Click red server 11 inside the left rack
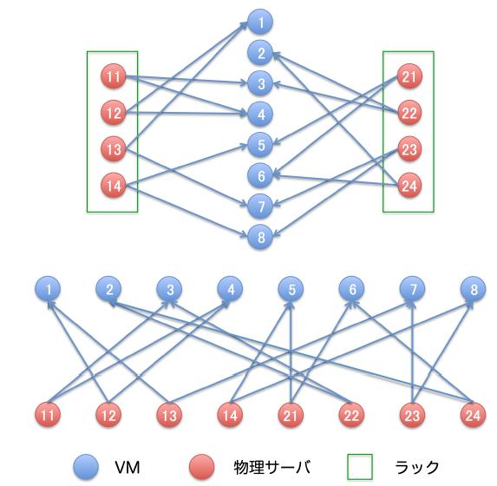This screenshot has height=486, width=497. pos(114,76)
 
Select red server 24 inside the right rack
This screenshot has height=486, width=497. pos(409,185)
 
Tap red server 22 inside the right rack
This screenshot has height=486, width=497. pos(409,113)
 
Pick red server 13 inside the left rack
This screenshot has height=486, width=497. pos(114,148)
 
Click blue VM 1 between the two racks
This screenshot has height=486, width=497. pos(260,22)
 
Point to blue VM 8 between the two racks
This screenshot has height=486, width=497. pos(260,237)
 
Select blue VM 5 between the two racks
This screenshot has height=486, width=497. pos(260,145)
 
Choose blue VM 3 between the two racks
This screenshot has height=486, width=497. pos(260,83)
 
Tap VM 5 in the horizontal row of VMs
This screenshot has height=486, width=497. pos(291,289)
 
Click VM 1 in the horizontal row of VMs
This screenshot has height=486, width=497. pos(48,289)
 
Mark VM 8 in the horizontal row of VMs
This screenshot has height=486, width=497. pos(474,289)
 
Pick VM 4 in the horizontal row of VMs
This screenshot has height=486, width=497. pos(230,289)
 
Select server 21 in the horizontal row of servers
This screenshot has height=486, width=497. pos(291,415)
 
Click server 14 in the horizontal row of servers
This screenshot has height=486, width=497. pos(230,415)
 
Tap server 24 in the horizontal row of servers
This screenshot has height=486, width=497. pos(474,415)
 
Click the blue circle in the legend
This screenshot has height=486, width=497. pos(86,467)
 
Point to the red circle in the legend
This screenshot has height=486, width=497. pos(202,467)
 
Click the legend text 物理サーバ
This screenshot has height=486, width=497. pos(272,467)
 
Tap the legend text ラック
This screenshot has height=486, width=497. pos(417,467)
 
